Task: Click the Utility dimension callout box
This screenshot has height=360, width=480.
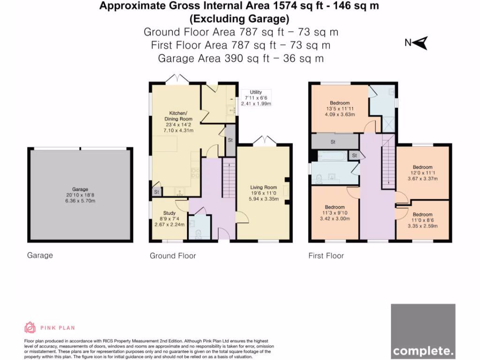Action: pos(256,98)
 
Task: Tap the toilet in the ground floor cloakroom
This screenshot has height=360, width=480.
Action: pos(197,232)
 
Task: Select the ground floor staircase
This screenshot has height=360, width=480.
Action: pos(228,179)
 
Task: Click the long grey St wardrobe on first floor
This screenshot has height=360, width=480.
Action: pos(333,141)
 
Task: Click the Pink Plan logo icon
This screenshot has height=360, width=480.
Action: pos(30,327)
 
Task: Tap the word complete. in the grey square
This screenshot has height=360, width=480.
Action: pos(423,350)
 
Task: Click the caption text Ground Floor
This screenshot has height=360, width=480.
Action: pos(172,256)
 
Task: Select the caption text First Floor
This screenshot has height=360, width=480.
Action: pos(326,256)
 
